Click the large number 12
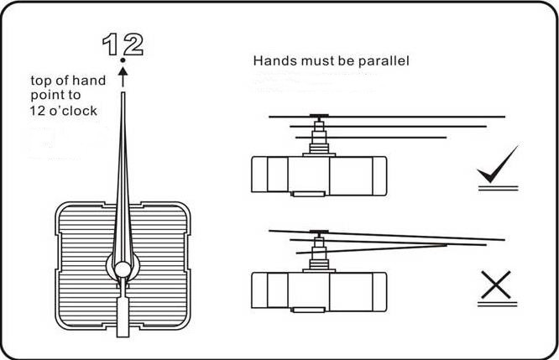click(x=123, y=44)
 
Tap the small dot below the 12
click(x=123, y=61)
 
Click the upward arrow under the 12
click(x=123, y=76)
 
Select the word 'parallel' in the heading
click(x=384, y=61)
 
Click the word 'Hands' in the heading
click(x=272, y=61)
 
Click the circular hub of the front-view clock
click(x=123, y=269)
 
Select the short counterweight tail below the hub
click(x=123, y=315)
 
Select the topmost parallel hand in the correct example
click(x=386, y=114)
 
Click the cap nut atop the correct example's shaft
click(x=319, y=117)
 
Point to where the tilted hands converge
click(x=445, y=244)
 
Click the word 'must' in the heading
click(x=312, y=61)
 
